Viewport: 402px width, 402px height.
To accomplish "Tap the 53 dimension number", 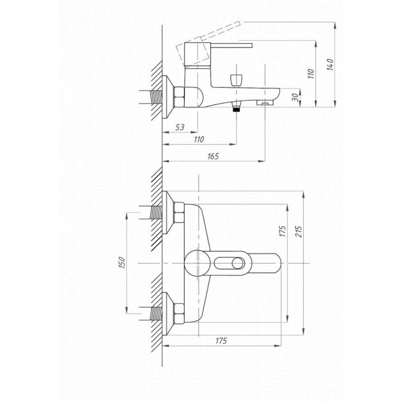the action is pos(180,127).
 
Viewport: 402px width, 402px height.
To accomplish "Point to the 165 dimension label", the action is pos(213,156).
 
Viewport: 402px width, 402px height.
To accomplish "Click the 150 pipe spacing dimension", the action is pos(122,263).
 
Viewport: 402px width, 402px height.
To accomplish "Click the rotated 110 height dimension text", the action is pos(311,73).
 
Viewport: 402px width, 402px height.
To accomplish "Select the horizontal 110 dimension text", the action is pos(199,139).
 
